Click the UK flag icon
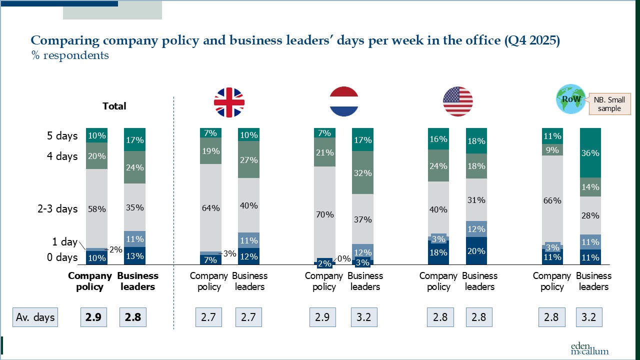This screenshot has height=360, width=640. [x=229, y=102]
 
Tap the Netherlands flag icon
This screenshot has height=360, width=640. [x=344, y=101]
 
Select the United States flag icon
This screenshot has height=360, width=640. [x=457, y=101]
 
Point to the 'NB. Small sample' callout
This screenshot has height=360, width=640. [x=609, y=104]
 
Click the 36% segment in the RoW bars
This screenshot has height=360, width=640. [x=590, y=153]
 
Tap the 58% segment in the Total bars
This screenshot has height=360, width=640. [x=96, y=208]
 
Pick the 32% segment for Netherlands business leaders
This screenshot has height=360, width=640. [x=362, y=172]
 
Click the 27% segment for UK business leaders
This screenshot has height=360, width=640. [x=248, y=159]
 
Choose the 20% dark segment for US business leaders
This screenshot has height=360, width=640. [x=476, y=250]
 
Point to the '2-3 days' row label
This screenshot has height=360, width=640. [x=57, y=208]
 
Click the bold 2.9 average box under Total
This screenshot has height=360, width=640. [x=93, y=317]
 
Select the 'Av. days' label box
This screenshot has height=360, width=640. [x=35, y=317]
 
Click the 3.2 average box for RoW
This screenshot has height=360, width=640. [x=589, y=317]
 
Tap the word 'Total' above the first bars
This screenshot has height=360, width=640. [x=114, y=106]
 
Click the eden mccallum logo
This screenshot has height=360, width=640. [x=589, y=348]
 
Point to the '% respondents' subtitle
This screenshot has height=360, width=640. [x=70, y=55]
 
